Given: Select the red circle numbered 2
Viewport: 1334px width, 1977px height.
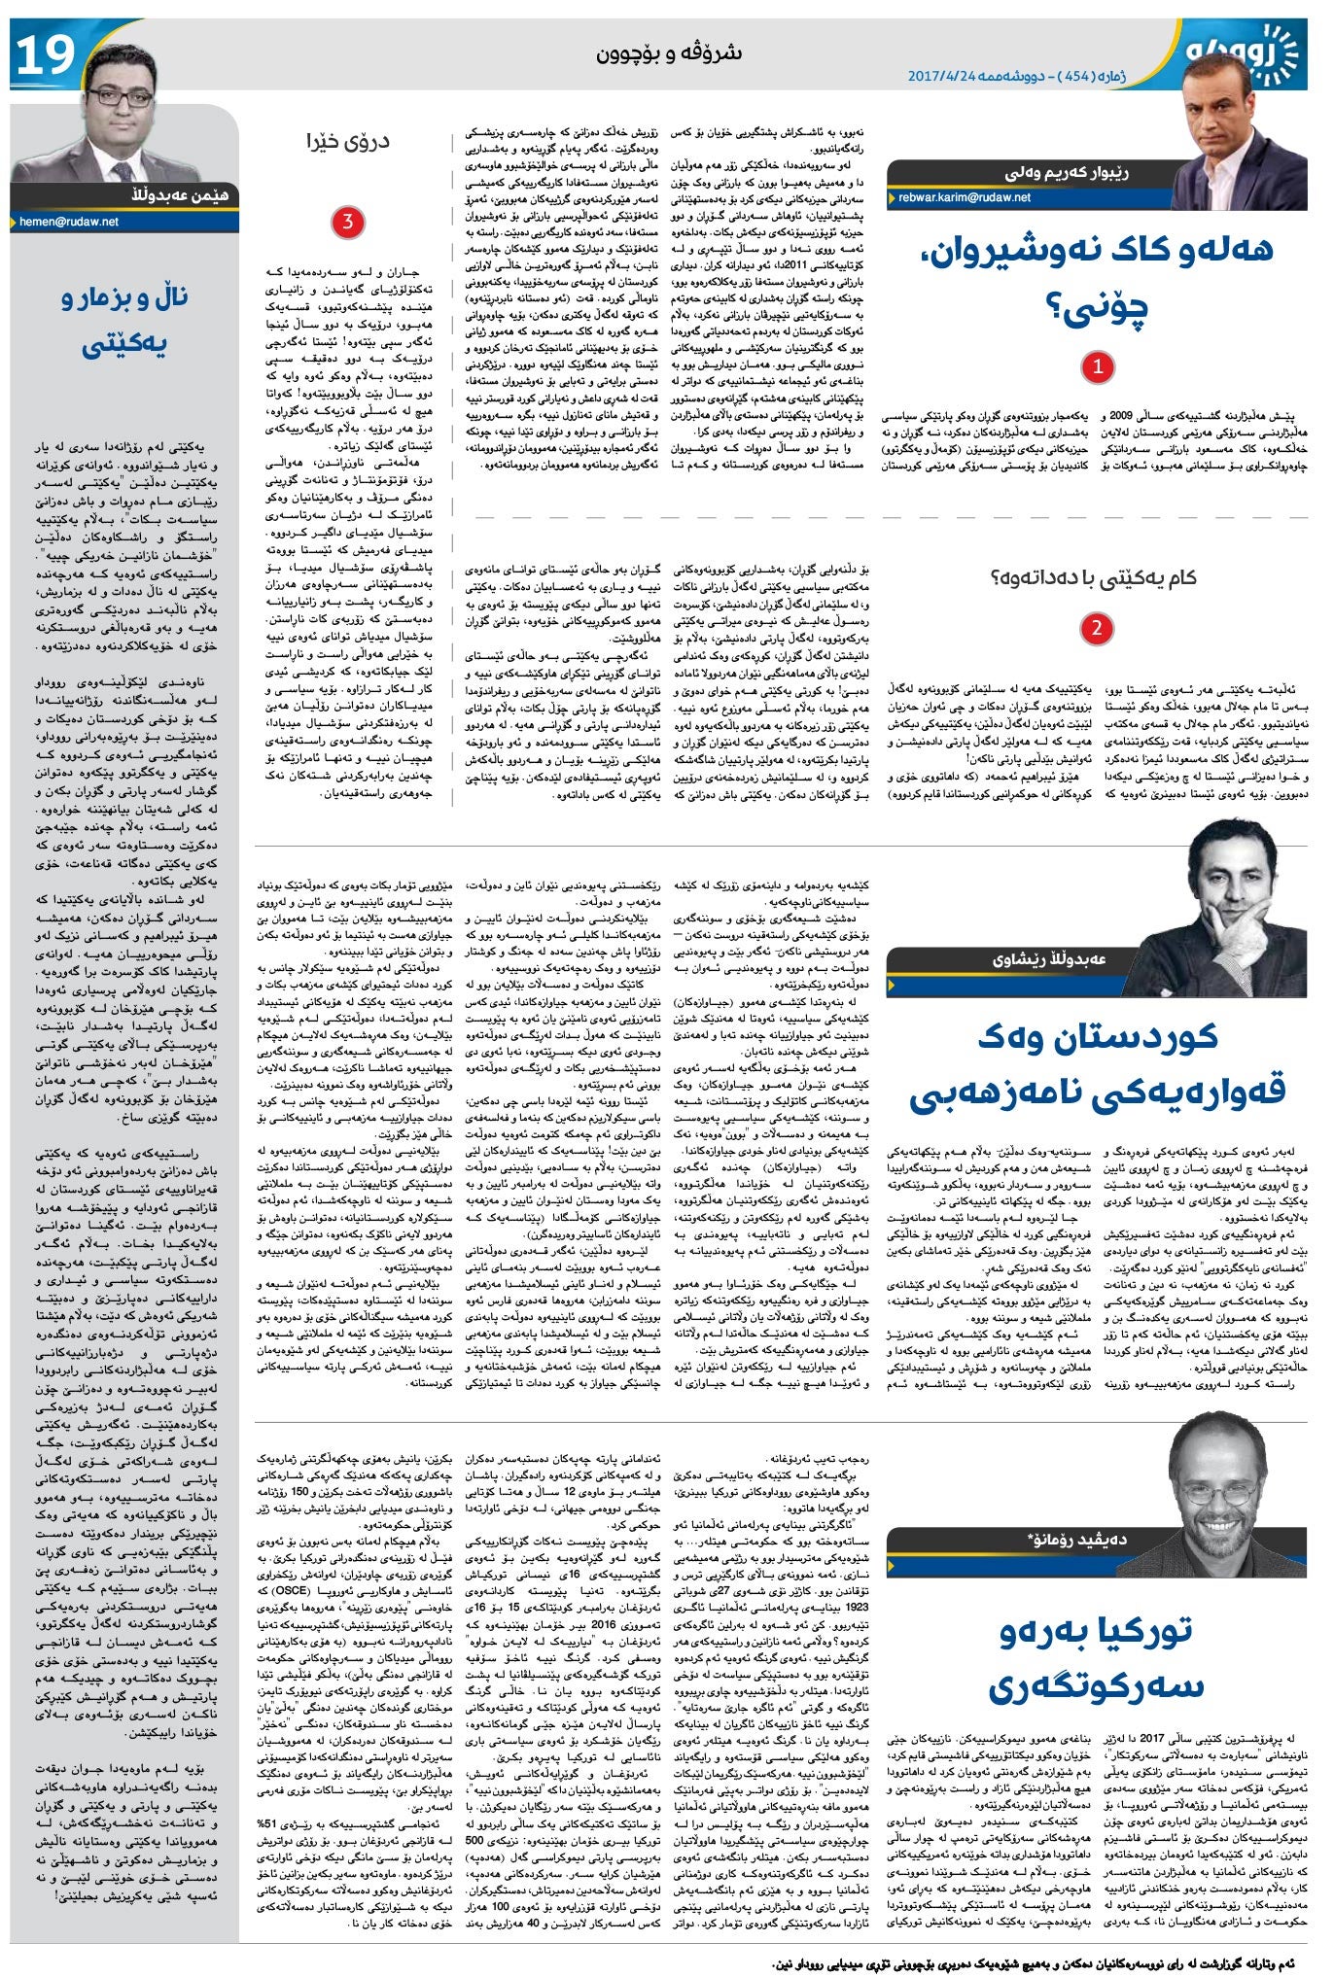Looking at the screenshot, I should (1097, 628).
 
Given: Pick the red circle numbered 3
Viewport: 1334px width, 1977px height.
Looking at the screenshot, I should (347, 223).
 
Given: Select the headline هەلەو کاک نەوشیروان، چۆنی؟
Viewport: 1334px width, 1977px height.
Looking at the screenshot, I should (1095, 277).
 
